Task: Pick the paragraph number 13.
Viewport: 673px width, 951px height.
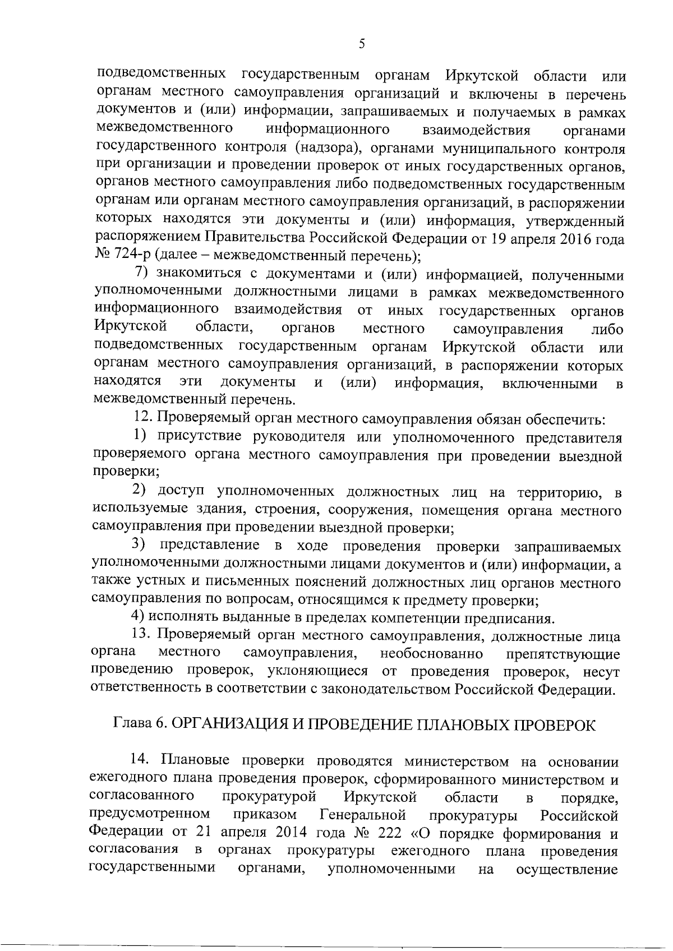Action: click(139, 636)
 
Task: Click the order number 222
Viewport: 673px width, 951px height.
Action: click(390, 833)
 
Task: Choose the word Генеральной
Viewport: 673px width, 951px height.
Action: click(362, 814)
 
